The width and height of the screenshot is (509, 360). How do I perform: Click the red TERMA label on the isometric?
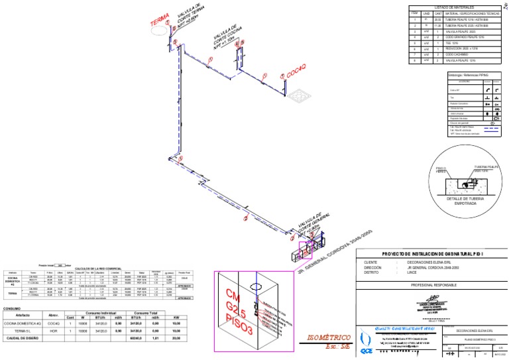pos(160,25)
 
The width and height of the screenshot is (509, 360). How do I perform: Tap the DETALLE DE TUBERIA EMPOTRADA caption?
pos(467,201)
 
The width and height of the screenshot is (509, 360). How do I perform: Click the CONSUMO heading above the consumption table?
pos(13,309)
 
